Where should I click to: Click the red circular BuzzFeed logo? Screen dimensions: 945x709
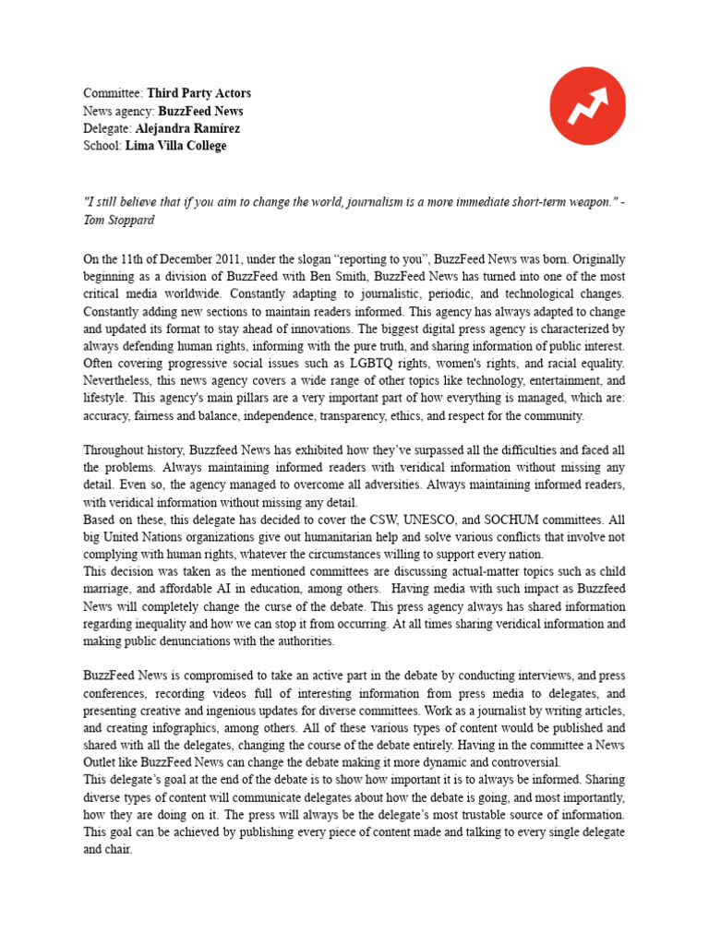588,106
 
